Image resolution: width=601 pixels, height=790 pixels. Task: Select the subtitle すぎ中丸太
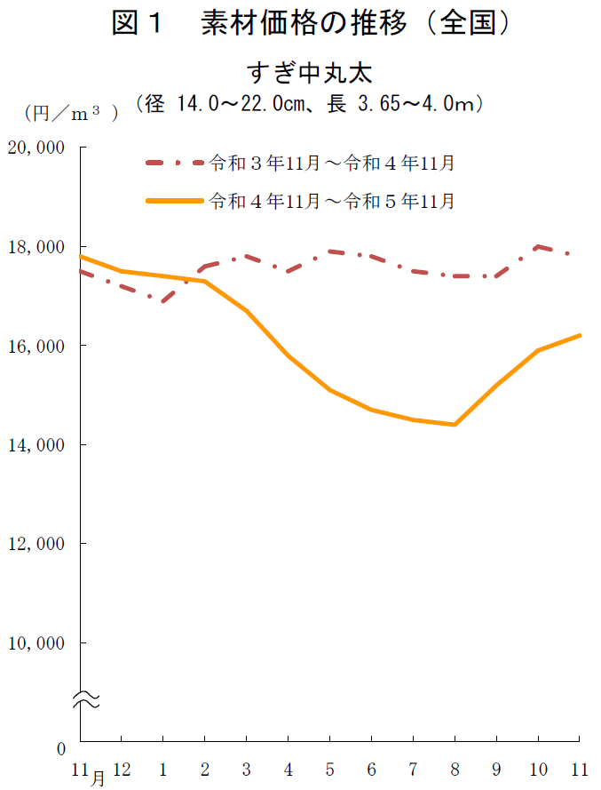pyautogui.click(x=308, y=71)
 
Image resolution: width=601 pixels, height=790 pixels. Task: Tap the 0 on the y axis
pyautogui.click(x=61, y=749)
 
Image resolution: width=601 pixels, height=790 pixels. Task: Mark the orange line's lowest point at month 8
pyautogui.click(x=455, y=425)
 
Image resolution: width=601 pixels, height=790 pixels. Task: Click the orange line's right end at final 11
pyautogui.click(x=580, y=335)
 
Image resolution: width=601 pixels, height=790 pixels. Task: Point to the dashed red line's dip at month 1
pyautogui.click(x=163, y=302)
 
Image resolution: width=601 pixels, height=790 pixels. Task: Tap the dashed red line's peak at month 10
pyautogui.click(x=538, y=246)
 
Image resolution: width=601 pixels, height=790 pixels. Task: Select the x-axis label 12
pyautogui.click(x=122, y=767)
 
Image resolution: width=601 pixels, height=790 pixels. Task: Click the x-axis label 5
pyautogui.click(x=329, y=767)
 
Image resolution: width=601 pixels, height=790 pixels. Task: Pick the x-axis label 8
pyautogui.click(x=455, y=767)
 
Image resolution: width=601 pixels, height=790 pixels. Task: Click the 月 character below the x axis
pyautogui.click(x=98, y=778)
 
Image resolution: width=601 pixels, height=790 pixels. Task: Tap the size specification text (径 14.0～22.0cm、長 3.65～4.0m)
pyautogui.click(x=308, y=104)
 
